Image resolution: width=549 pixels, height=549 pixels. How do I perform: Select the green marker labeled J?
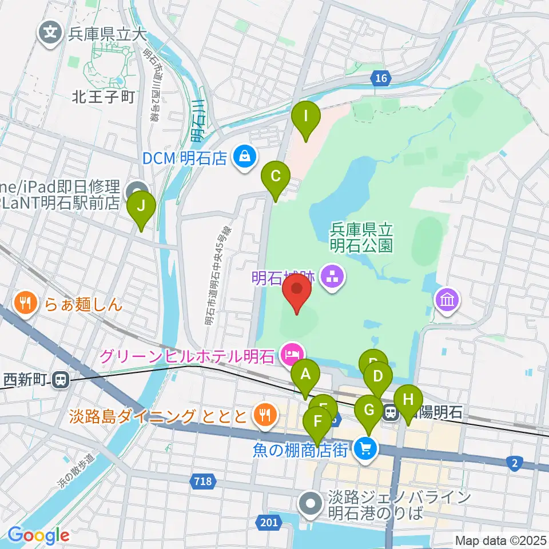141,206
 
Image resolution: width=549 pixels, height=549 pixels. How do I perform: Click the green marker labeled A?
305,377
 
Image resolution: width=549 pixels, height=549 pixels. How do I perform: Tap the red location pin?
297,291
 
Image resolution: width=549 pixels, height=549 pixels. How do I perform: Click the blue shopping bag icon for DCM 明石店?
244,156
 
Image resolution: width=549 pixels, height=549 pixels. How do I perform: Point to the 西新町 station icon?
59,379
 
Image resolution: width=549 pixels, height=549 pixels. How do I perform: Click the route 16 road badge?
381,77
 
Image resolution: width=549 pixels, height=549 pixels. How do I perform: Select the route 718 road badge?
202,482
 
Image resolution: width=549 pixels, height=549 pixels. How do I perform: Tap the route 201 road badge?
270,522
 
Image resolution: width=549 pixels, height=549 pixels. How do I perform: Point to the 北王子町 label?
103,97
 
